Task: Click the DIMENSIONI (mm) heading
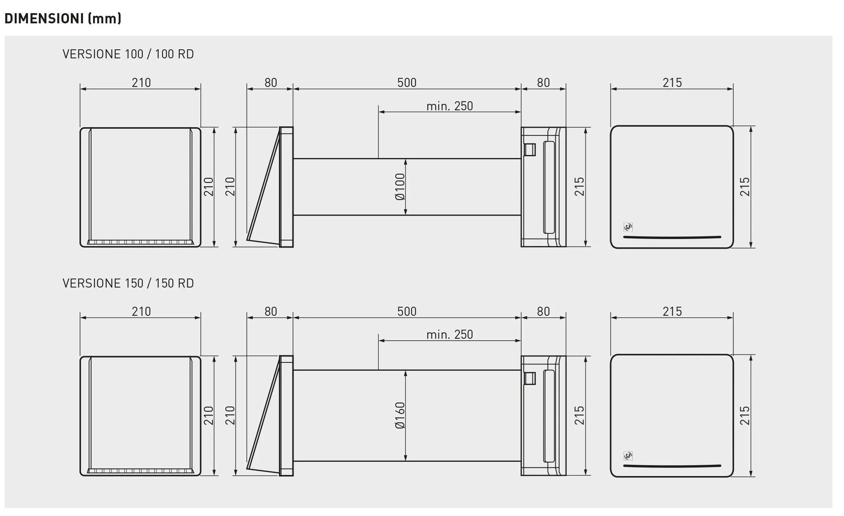63,18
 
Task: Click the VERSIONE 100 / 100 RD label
128,54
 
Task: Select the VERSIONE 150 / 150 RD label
128,283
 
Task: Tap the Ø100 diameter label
400,187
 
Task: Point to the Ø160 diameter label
400,416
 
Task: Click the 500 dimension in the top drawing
407,83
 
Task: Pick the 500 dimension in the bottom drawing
407,312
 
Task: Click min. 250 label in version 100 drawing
450,106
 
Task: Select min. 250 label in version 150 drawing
450,335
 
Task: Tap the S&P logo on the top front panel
628,227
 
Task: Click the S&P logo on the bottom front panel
628,456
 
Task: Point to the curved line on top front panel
672,237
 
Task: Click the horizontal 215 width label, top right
672,83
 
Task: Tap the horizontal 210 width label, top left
141,83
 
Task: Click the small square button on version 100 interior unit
530,149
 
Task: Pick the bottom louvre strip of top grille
140,242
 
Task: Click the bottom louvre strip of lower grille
140,471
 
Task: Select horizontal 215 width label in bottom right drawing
672,312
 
